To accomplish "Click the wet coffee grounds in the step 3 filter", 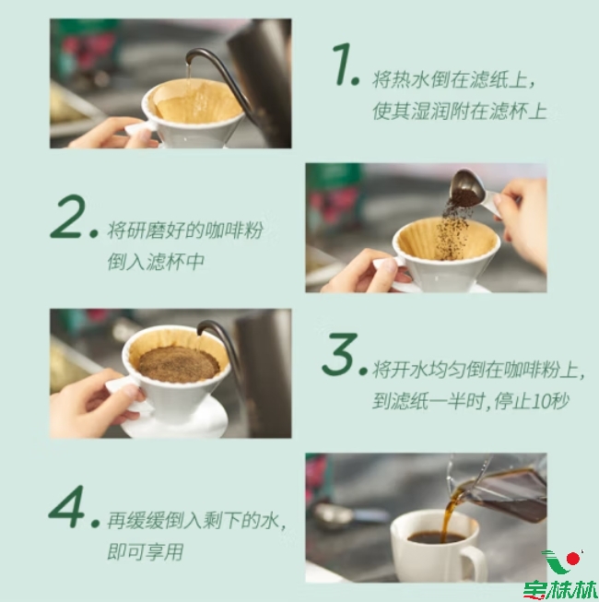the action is (178, 364).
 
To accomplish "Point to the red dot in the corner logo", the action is (573, 559).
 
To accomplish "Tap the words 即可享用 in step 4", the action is (146, 551).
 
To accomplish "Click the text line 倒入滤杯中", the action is (156, 262).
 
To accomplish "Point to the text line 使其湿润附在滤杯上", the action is (459, 111).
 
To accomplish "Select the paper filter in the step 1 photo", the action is (195, 100).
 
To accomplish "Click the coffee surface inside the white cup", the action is (436, 537).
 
